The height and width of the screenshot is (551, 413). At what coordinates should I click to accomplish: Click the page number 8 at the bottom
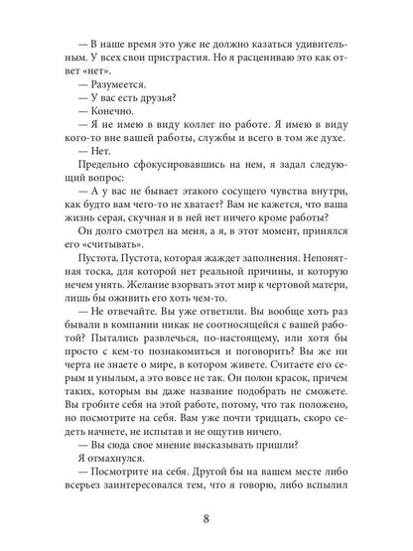206,516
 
